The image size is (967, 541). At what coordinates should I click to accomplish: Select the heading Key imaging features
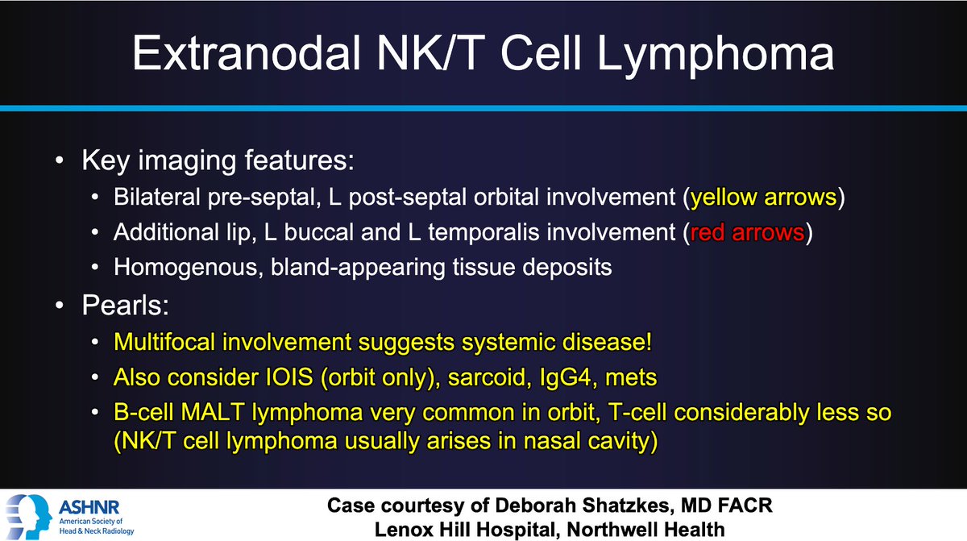point(217,161)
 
